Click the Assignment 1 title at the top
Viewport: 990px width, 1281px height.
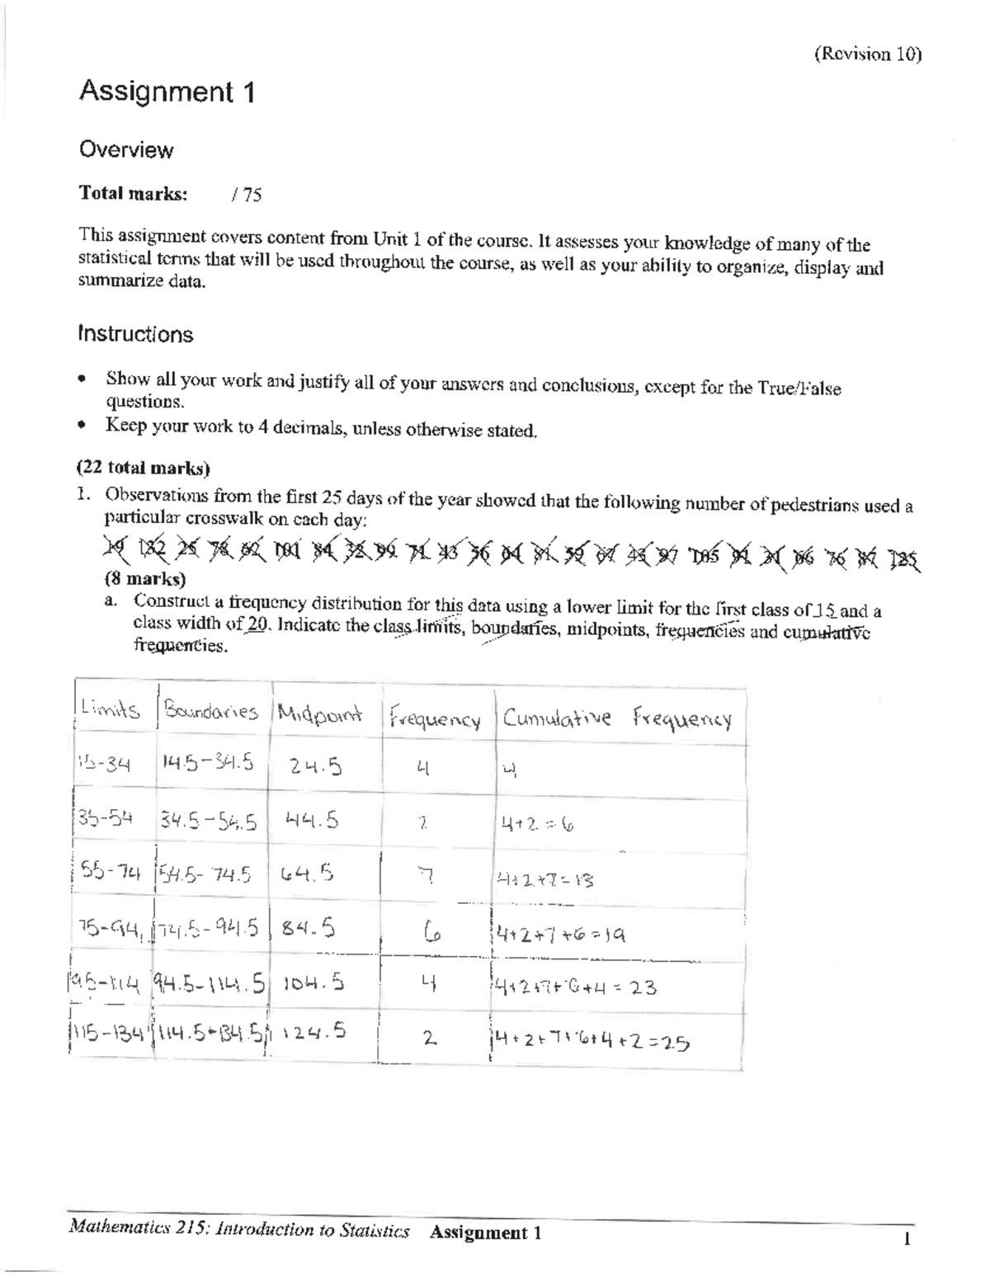[166, 92]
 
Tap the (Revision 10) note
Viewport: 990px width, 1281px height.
[867, 54]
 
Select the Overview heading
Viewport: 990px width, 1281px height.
[125, 150]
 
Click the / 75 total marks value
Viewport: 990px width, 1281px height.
[247, 195]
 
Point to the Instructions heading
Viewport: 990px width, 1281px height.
[135, 334]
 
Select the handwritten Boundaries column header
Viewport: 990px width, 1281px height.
[211, 711]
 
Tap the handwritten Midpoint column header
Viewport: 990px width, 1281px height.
[320, 714]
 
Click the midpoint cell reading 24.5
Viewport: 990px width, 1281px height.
[315, 767]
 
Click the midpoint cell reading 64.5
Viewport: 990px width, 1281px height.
[307, 873]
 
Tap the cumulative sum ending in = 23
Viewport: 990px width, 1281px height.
[574, 986]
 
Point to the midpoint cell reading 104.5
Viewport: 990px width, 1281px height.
[313, 983]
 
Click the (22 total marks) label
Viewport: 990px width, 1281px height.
[144, 469]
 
